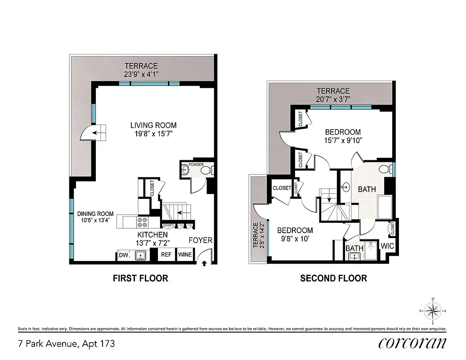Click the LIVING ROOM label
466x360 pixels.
153,126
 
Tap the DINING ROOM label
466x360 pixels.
95,214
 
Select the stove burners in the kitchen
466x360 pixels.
143,222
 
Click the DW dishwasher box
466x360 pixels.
123,255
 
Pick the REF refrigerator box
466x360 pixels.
166,255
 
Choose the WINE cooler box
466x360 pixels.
185,255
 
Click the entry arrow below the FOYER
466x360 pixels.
205,264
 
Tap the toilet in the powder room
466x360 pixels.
205,170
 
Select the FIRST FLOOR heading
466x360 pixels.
140,279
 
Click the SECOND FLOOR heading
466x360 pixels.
333,279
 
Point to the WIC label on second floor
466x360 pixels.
387,246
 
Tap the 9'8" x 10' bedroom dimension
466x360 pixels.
295,239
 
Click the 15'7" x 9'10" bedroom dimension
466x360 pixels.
343,140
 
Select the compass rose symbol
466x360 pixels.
433,310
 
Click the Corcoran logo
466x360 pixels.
412,343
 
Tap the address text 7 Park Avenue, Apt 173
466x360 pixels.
67,344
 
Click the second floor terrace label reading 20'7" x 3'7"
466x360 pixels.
333,99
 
